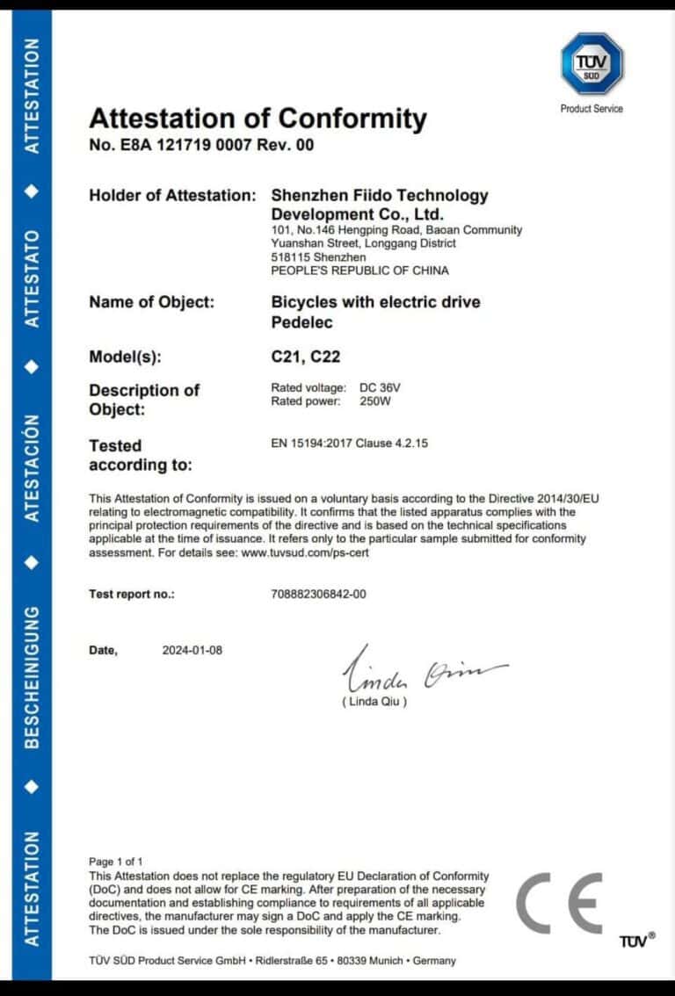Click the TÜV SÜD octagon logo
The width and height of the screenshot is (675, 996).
(592, 64)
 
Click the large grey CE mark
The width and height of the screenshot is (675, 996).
(559, 904)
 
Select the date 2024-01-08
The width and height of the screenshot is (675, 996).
(192, 651)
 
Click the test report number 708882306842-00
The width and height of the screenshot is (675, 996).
(319, 595)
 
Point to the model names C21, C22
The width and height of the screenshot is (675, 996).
(305, 357)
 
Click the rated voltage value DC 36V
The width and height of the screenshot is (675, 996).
(381, 388)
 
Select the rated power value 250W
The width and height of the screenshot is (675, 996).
(375, 402)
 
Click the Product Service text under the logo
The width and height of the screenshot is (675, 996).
(592, 109)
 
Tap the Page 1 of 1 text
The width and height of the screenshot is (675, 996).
(115, 862)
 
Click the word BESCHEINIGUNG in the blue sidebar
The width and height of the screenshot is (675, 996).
(33, 676)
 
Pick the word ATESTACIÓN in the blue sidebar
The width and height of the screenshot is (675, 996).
(33, 469)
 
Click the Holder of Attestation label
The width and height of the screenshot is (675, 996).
(172, 196)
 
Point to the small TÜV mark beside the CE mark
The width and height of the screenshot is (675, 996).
(636, 941)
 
